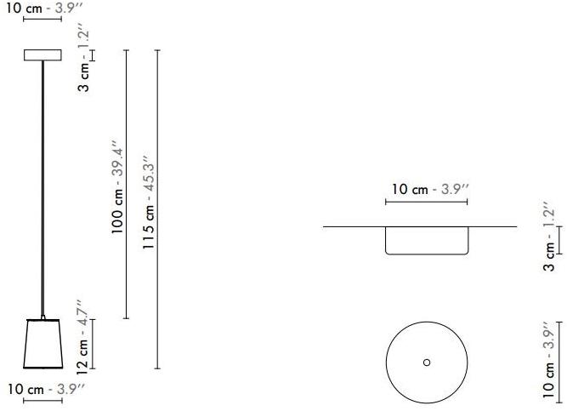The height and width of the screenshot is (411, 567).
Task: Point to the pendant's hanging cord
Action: coord(43,187)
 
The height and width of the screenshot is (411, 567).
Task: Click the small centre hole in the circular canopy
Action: coord(427,362)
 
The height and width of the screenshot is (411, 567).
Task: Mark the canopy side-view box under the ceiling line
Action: coord(426,241)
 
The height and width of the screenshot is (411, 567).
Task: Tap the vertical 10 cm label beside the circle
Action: coord(549,361)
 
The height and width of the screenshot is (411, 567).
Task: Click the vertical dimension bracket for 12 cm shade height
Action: coord(94,344)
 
